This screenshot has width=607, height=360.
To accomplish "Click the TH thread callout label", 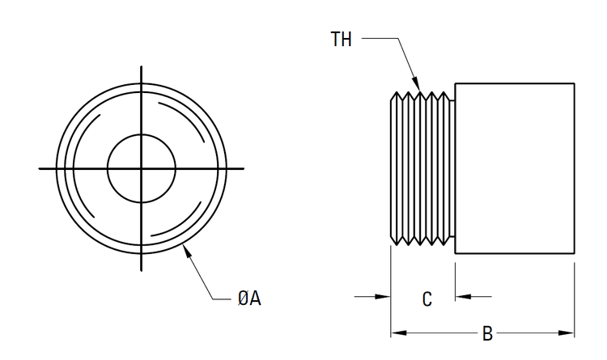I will pos(342,39).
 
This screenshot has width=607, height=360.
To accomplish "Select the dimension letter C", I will pos(427,299).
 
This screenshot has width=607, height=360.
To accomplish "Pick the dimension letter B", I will pos(487,333).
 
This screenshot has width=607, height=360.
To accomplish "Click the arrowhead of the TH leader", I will pos(419,86).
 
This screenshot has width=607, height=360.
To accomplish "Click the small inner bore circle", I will pos(142,168).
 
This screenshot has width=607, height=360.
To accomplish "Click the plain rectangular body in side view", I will pos(514,168).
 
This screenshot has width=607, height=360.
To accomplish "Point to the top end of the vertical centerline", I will pos(142,64).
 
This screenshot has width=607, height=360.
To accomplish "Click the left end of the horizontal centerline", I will pos(40,168).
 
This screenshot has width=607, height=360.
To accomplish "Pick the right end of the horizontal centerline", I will pos(244,168).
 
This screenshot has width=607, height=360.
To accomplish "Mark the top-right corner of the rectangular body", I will pos(575,83).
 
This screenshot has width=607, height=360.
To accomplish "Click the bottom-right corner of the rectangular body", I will pos(575,254).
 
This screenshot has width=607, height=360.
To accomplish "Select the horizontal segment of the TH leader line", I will pos(380,38).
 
